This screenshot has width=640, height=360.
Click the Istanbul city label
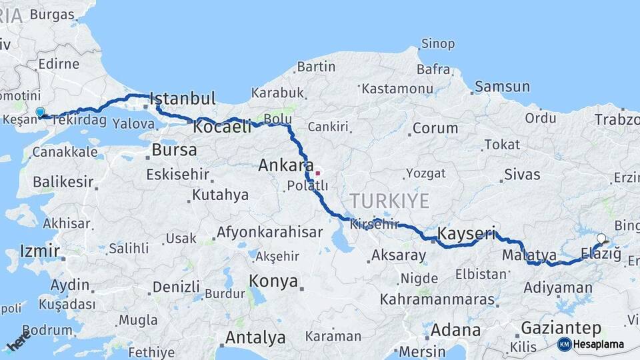coord(183,99)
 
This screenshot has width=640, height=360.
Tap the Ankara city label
coord(286,165)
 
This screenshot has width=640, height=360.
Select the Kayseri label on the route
coord(467,234)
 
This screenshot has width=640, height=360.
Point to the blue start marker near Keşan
coord(40,112)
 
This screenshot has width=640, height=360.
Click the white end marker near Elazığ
coord(601,238)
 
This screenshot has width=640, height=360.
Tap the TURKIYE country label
coord(390,200)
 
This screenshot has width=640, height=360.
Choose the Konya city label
coord(273,281)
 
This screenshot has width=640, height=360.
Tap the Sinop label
coord(437,44)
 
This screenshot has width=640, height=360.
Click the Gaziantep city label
coord(561,328)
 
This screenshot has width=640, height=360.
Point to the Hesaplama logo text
coord(599,345)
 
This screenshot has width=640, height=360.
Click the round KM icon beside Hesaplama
coord(564,345)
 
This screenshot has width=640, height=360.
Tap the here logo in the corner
coord(19,341)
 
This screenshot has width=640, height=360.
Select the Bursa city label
coord(174,150)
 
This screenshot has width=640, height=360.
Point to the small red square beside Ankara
coord(318,173)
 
